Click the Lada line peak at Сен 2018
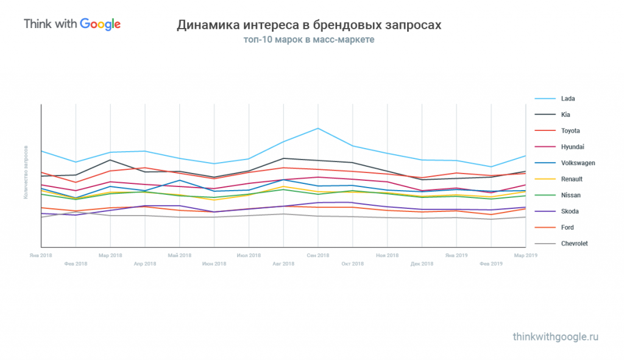pyautogui.click(x=318, y=129)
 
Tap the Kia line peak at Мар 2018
pyautogui.click(x=110, y=160)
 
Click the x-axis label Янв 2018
pyautogui.click(x=40, y=255)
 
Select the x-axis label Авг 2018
pyautogui.click(x=283, y=264)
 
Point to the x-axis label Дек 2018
pyautogui.click(x=422, y=264)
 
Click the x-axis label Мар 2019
pyautogui.click(x=525, y=255)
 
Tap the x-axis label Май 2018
pyautogui.click(x=179, y=255)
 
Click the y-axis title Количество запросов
pyautogui.click(x=26, y=172)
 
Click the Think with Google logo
pyautogui.click(x=72, y=24)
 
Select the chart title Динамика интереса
pyautogui.click(x=309, y=26)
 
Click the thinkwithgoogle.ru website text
pyautogui.click(x=556, y=337)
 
